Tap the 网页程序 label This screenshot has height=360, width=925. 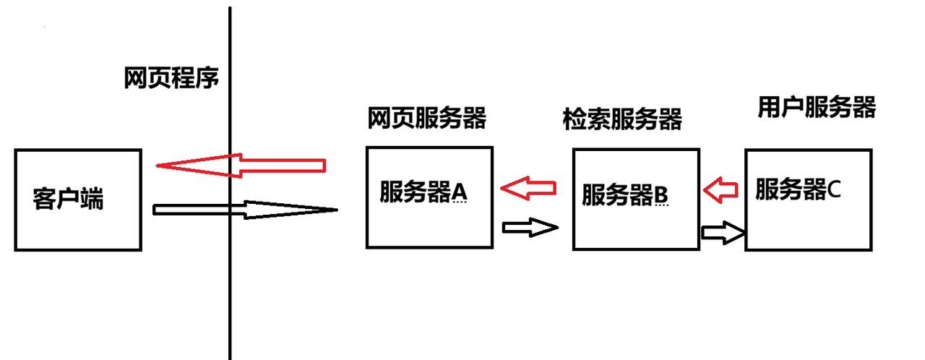click(171, 78)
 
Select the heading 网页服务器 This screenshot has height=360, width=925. click(426, 118)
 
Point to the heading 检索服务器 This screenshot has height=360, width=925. click(622, 119)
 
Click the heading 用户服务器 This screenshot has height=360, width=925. click(817, 107)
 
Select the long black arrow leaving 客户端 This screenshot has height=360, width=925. click(246, 210)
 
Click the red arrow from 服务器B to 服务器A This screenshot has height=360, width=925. click(530, 189)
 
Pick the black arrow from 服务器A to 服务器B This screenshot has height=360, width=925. click(530, 228)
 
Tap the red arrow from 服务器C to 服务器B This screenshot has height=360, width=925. click(720, 191)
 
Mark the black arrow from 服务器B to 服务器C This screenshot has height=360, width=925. click(723, 233)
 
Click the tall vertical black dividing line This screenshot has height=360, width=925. click(230, 289)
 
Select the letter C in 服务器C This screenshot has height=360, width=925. click(834, 190)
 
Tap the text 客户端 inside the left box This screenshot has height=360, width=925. click(69, 199)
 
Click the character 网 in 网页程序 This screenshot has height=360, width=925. click(135, 78)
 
